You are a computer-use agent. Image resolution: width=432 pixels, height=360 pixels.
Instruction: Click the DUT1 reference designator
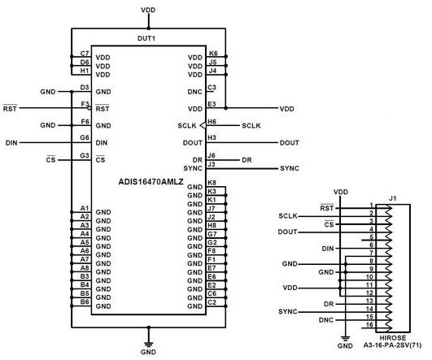coord(146,39)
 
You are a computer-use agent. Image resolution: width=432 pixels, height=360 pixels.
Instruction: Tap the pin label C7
coord(84,53)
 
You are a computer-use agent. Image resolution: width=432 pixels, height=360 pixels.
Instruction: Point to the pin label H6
coord(212,121)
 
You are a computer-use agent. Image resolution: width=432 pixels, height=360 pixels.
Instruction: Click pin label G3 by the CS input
coord(84,155)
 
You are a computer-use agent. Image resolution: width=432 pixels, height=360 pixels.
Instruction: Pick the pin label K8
coord(212,183)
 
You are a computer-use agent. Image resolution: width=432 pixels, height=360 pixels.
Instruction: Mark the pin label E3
coord(212,103)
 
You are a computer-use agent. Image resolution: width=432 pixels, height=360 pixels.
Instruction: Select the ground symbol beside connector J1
coord(345,340)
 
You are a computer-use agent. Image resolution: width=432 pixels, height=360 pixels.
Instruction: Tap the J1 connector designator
coord(391,197)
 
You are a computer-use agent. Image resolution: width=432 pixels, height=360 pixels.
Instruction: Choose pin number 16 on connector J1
coord(370,324)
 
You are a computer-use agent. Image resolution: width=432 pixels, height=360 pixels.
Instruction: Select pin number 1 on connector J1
coord(371,205)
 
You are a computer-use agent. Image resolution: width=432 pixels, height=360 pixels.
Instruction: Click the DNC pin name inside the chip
coord(194,92)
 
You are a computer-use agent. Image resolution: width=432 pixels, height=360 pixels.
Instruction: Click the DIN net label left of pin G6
coord(11,142)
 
